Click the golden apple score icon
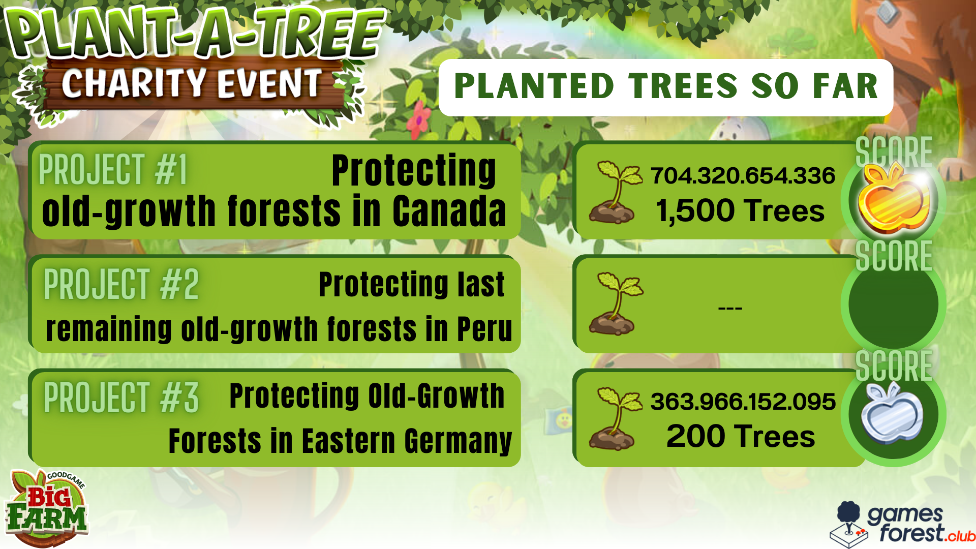point(893,200)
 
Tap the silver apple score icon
point(892,413)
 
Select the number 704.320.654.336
point(743,176)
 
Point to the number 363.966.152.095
point(743,402)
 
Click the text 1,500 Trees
point(740,210)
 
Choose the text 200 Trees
point(741,436)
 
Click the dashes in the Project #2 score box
point(730,308)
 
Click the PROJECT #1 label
point(113,169)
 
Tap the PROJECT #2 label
point(121,284)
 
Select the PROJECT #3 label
point(121,397)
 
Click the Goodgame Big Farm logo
point(47,508)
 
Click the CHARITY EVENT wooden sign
point(193,84)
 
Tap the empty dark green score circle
point(893,304)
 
